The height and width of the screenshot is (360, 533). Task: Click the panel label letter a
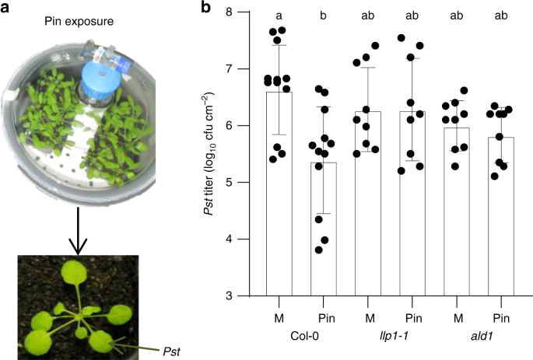[x=8, y=9]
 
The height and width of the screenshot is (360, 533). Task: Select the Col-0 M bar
[x=279, y=194]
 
